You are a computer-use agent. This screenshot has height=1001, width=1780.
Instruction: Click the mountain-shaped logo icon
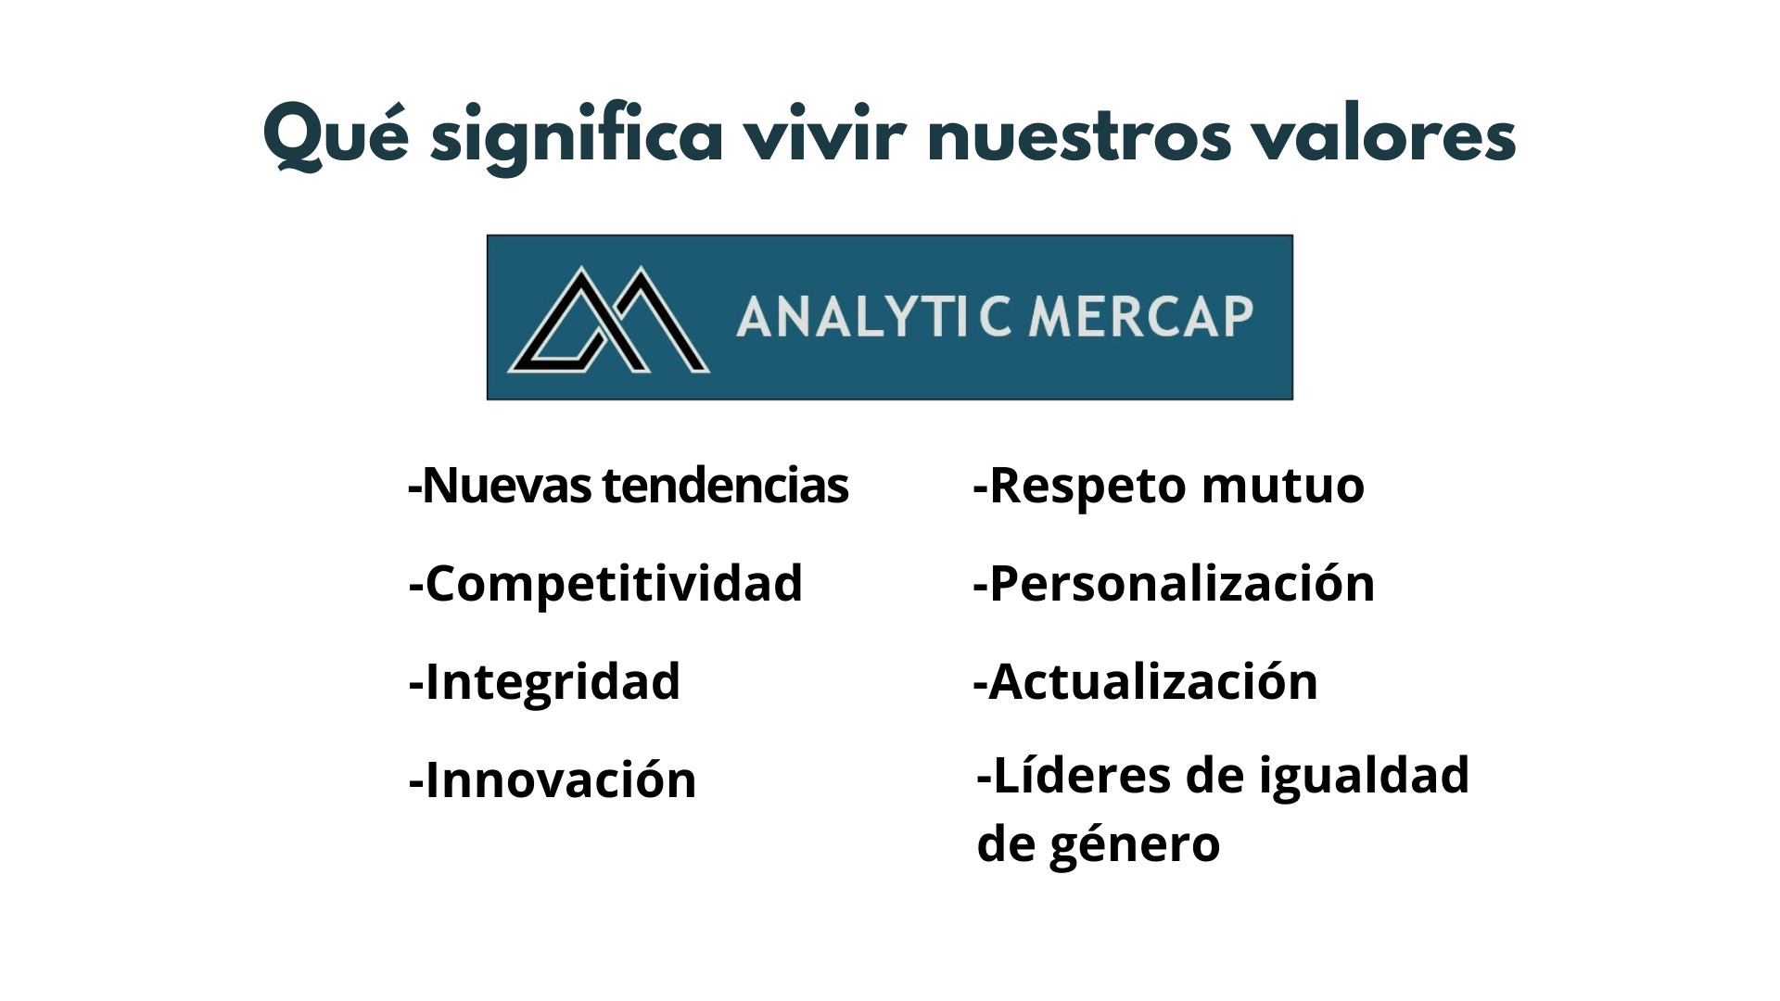608,320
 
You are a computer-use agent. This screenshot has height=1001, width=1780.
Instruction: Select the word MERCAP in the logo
1141,316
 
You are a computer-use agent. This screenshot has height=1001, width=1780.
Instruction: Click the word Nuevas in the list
506,485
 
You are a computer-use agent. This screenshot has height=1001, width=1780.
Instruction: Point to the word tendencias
725,485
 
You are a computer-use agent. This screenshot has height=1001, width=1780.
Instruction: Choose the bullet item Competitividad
605,584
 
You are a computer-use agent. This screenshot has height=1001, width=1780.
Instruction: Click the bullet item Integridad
544,683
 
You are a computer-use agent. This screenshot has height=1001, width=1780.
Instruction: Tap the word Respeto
1087,487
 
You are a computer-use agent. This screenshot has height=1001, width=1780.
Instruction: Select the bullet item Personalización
1174,584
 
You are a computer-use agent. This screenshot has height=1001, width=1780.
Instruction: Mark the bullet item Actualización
1145,681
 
